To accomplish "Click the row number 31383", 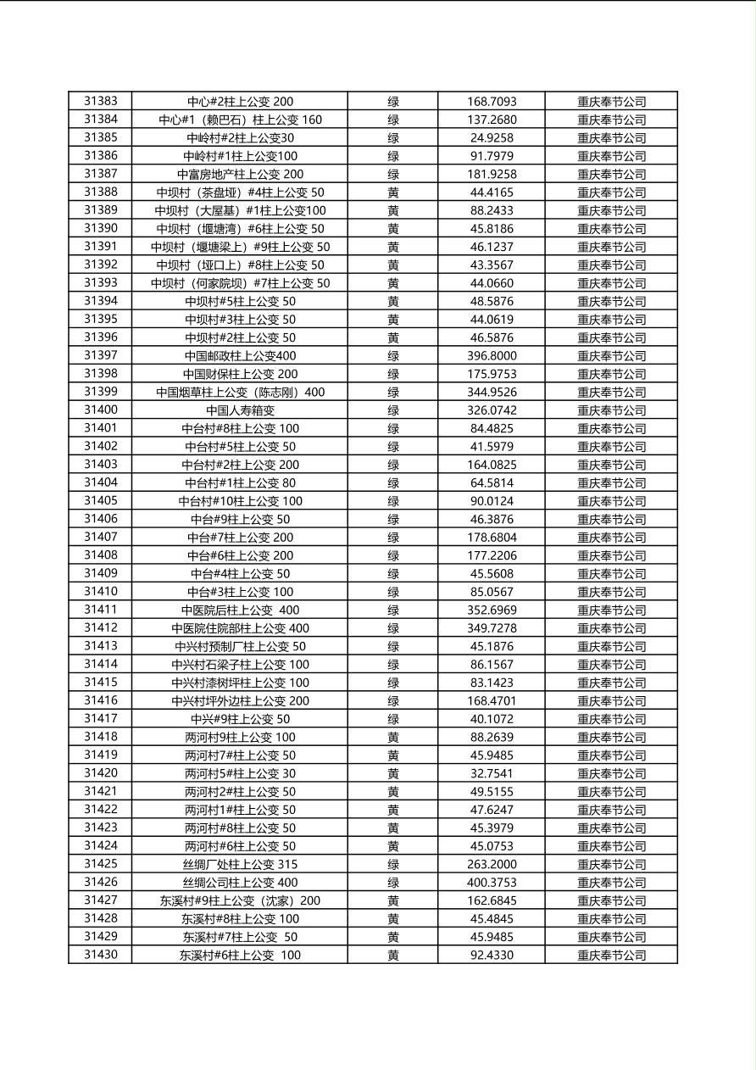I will pyautogui.click(x=101, y=101).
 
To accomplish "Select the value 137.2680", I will pyautogui.click(x=492, y=120).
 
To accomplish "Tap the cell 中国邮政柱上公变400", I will pyautogui.click(x=240, y=356).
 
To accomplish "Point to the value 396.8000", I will pyautogui.click(x=492, y=356).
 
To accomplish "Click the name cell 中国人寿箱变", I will pyautogui.click(x=240, y=410).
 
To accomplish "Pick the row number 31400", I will pyautogui.click(x=101, y=410).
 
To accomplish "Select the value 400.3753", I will pyautogui.click(x=492, y=883).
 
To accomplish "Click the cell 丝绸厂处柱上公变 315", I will pyautogui.click(x=240, y=865).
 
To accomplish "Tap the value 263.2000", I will pyautogui.click(x=492, y=865).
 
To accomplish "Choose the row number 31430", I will pyautogui.click(x=101, y=955).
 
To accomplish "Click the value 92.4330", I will pyautogui.click(x=492, y=956).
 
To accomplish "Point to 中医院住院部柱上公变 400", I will pyautogui.click(x=240, y=628).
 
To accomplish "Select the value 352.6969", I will pyautogui.click(x=492, y=610).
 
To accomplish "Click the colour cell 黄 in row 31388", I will pyautogui.click(x=393, y=192).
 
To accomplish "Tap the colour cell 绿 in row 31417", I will pyautogui.click(x=393, y=719).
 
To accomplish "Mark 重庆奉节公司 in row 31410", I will pyautogui.click(x=611, y=592).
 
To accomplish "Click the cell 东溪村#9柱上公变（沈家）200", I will pyautogui.click(x=240, y=900).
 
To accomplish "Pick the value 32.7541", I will pyautogui.click(x=492, y=773).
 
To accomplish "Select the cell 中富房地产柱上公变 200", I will pyautogui.click(x=240, y=174).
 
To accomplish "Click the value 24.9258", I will pyautogui.click(x=492, y=137).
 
